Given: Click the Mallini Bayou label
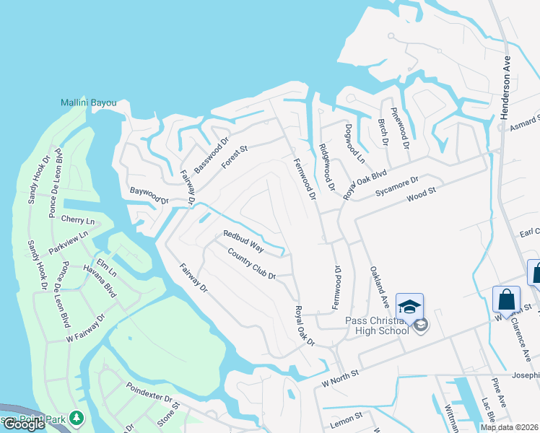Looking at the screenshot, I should [x=89, y=103].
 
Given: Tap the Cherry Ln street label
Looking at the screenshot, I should [x=79, y=220].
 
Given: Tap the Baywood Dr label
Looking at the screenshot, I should [x=149, y=196].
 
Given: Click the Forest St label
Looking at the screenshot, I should [x=235, y=157].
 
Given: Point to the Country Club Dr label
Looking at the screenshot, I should [x=251, y=263].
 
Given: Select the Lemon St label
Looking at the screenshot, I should [x=347, y=417].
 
